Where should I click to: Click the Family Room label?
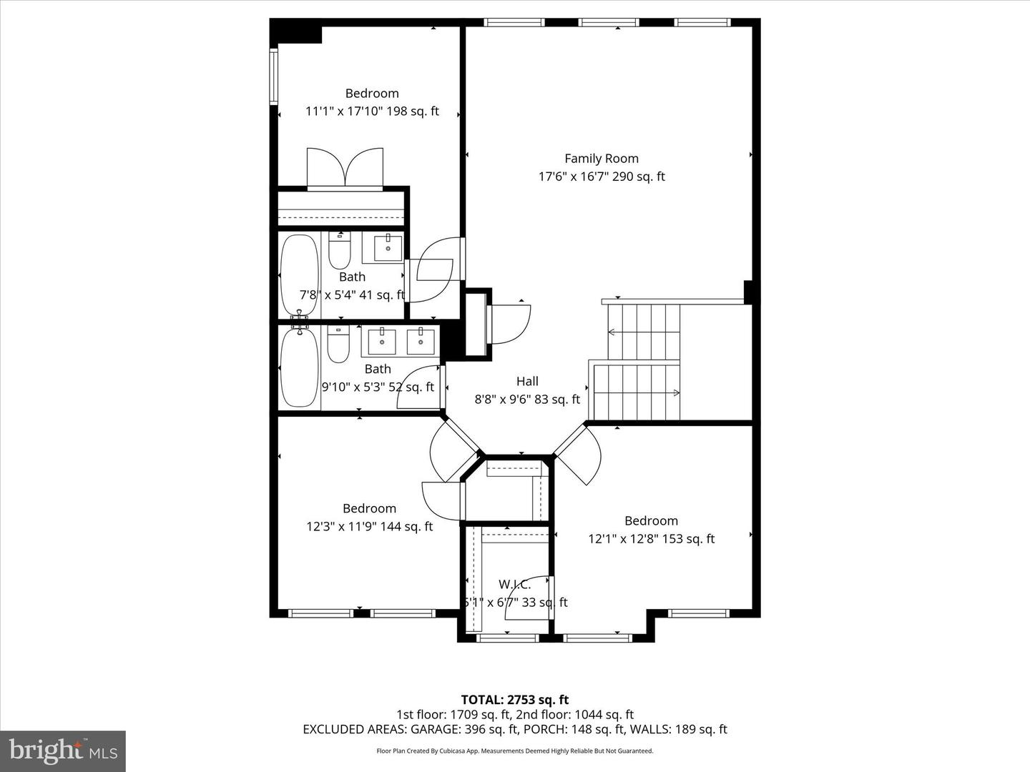coord(601,159)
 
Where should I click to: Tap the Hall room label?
coord(527,382)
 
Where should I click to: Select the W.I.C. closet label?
coord(514,585)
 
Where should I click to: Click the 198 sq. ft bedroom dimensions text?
coord(372,112)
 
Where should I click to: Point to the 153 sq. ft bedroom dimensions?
coord(651,539)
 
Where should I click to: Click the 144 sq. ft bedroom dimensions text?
coord(369,527)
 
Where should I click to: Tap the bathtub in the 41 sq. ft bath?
coord(299,276)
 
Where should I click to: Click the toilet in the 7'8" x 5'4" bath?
coord(339,251)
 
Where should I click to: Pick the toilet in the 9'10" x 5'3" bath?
coord(338,345)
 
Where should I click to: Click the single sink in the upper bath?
coord(387,247)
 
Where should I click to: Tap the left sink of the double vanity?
coord(382,341)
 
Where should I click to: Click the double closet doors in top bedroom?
coord(345,169)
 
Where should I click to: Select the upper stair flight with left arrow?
coord(642,332)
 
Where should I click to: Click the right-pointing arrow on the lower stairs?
coord(675,392)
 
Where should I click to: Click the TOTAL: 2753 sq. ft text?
coord(514,700)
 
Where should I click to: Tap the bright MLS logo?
coord(62,751)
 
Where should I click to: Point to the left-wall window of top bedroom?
coord(273,76)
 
